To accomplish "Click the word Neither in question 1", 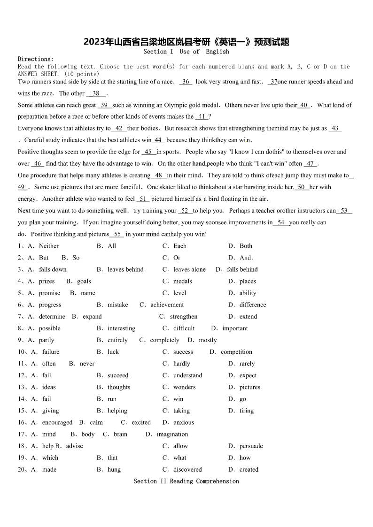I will coord(49,246).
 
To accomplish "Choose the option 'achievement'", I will coord(167,305).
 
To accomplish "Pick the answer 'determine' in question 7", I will coord(52,316).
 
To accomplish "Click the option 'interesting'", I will coord(121,328).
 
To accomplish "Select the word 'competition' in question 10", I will coord(236,351).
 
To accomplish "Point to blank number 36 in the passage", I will coord(186,82).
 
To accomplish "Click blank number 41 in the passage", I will coord(202,117).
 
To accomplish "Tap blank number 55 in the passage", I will coord(117,234).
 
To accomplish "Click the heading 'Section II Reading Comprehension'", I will coord(186,481).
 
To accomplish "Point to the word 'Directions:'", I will coord(36,59).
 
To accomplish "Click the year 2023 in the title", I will coord(93,42).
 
